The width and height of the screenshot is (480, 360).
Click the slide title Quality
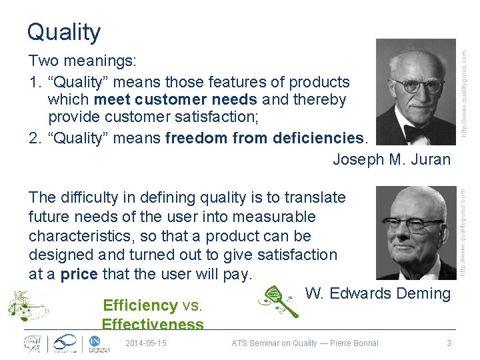coord(64,31)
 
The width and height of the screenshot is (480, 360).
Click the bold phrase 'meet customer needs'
coord(176,100)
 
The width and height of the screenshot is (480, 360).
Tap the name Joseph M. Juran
coord(391,159)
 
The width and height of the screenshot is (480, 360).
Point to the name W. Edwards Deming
coord(377,293)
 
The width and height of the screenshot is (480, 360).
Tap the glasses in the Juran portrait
coord(417,85)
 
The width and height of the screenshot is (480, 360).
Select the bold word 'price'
coord(79,274)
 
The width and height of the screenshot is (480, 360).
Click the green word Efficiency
coord(139,305)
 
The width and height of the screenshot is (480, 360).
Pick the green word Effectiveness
coord(153,324)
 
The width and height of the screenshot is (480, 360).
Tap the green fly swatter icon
coord(278,302)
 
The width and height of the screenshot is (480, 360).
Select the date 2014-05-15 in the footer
coord(146,343)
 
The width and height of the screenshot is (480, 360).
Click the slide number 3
coord(449,343)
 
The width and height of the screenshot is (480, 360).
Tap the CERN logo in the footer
coord(31,343)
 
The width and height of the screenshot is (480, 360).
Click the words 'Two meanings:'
coord(83,61)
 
